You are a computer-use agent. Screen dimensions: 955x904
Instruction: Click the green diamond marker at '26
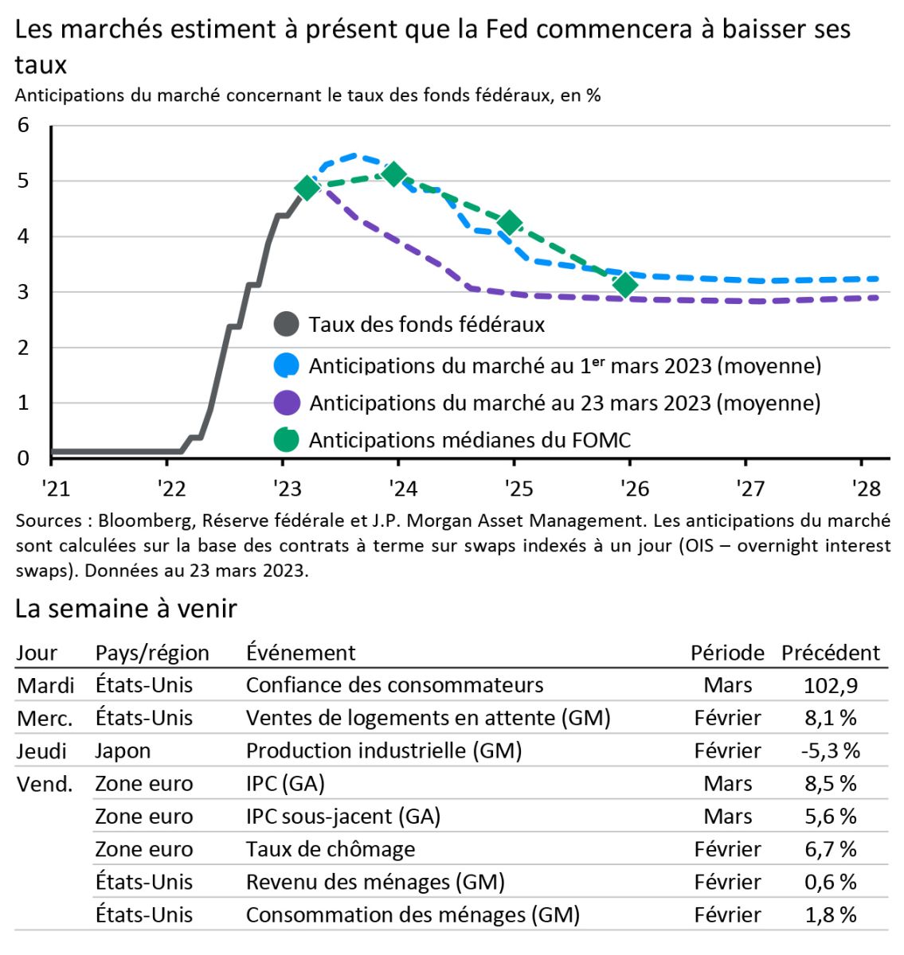pyautogui.click(x=626, y=284)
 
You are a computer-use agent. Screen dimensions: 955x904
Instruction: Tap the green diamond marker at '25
pyautogui.click(x=510, y=223)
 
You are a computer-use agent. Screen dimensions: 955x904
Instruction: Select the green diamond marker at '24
pyautogui.click(x=393, y=173)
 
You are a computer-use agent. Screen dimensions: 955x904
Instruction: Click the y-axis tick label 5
pyautogui.click(x=23, y=181)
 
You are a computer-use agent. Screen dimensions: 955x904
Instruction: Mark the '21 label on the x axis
pyautogui.click(x=55, y=488)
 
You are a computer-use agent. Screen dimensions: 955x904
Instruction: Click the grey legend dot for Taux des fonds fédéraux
pyautogui.click(x=286, y=325)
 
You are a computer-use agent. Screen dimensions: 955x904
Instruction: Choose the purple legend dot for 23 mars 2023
pyautogui.click(x=286, y=403)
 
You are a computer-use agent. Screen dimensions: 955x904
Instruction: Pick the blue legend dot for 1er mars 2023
pyautogui.click(x=286, y=365)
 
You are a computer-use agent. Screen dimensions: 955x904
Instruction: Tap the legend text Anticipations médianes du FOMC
pyautogui.click(x=469, y=440)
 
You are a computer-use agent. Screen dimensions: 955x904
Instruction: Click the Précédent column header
pyautogui.click(x=830, y=653)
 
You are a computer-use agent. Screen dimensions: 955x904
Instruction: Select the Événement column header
pyautogui.click(x=300, y=653)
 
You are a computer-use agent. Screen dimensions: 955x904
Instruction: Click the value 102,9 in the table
pyautogui.click(x=830, y=685)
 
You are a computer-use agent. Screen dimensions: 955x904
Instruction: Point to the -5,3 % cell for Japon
pyautogui.click(x=830, y=750)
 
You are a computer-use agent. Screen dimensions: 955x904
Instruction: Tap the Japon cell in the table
pyautogui.click(x=123, y=750)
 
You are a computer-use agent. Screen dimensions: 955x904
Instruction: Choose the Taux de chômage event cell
pyautogui.click(x=330, y=849)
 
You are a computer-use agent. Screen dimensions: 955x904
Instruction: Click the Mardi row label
pyautogui.click(x=45, y=685)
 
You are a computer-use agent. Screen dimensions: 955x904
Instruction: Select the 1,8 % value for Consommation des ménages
pyautogui.click(x=830, y=914)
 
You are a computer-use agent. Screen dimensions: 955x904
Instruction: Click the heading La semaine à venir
pyautogui.click(x=126, y=609)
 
